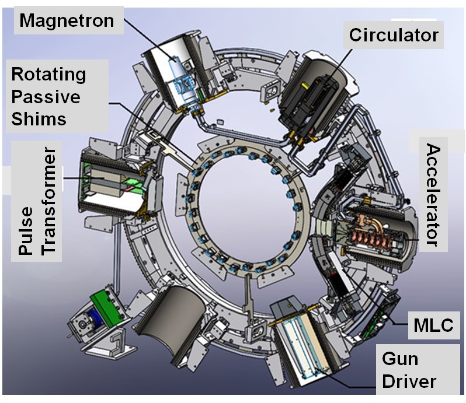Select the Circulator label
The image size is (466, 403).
point(394,35)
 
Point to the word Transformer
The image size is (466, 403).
point(51,201)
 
